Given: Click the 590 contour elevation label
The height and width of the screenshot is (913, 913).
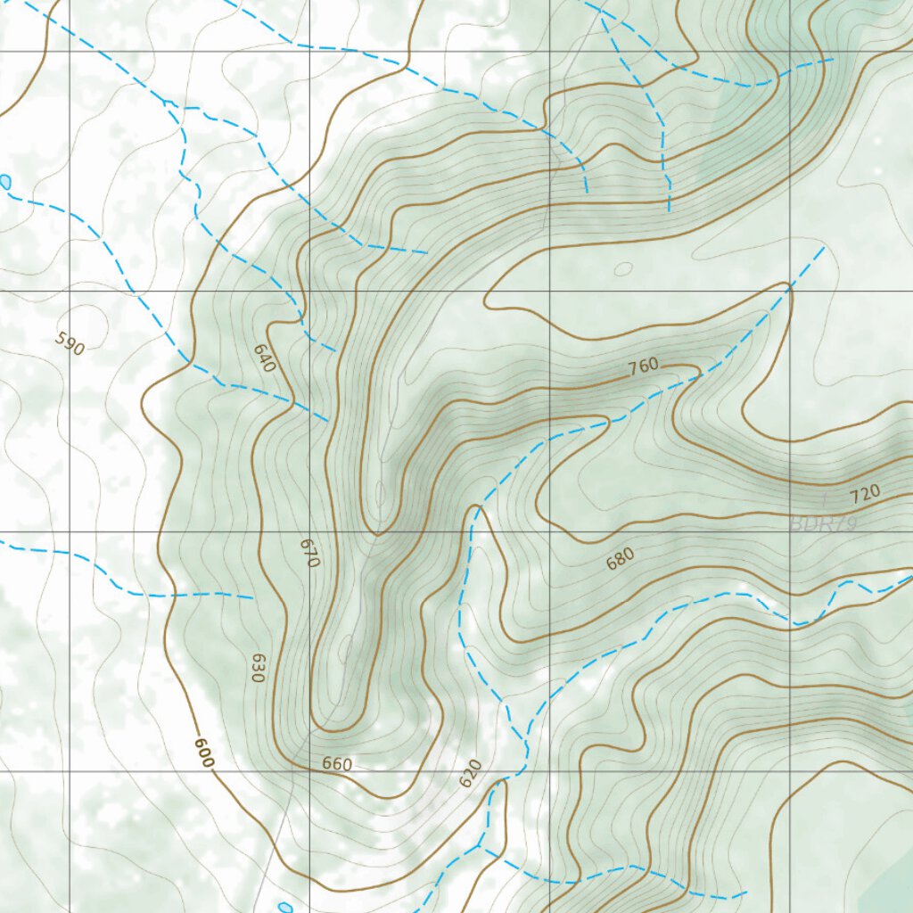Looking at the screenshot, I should pos(70,343).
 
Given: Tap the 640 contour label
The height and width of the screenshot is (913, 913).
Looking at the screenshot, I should pos(265,358).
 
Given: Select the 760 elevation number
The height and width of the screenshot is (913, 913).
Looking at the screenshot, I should pos(643,365).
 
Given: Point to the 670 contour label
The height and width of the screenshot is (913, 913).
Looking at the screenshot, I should pos(309,553).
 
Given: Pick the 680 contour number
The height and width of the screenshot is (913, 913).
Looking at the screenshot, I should pos(620,559).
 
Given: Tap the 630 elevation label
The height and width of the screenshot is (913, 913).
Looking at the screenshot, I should pos(258,668).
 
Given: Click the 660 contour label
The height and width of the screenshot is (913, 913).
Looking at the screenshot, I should pos(337,764).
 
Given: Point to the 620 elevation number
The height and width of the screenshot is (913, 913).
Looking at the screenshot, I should pos(470,773).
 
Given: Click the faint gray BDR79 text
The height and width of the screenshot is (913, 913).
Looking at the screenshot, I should pos(823,524).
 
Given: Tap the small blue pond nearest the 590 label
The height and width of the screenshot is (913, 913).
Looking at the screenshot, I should pos(6,182).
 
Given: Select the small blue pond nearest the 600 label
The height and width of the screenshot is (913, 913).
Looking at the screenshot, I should pos(284,908).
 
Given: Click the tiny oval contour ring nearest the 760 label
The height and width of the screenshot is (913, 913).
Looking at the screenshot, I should pos(623,267).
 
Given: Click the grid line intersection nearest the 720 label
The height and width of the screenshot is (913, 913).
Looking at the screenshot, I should pos(790,531).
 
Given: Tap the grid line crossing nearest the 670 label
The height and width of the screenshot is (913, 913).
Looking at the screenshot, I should pos(309,531).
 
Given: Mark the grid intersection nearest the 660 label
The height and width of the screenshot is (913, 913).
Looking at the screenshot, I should pos(309,770).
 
